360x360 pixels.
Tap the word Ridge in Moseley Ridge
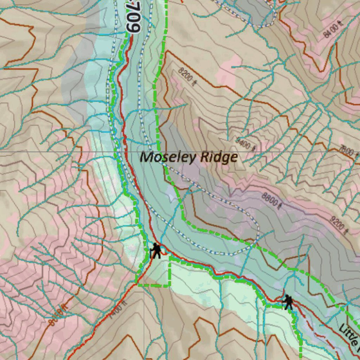pos(219,157)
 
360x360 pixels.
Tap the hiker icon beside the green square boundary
pos(156,251)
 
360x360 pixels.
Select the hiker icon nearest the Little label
pos(288,302)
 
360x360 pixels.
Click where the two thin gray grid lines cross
pos(144,152)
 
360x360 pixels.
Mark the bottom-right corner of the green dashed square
pos(170,285)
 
